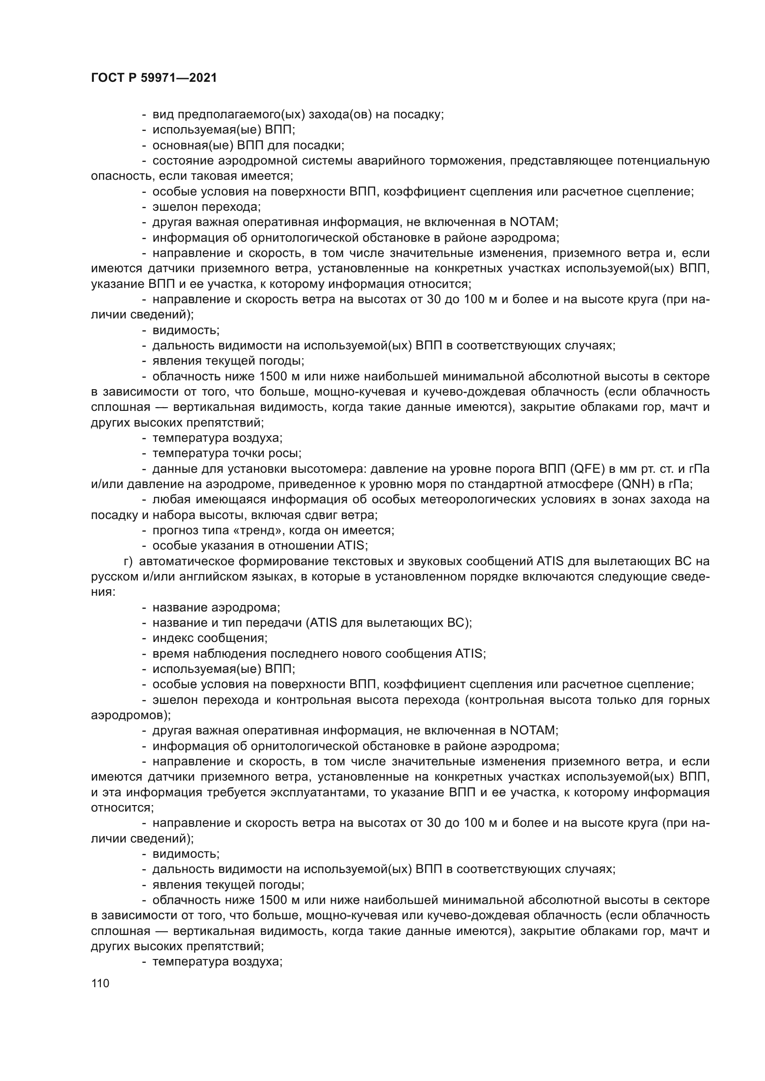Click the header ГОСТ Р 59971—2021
tap(154, 78)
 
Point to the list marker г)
tap(128, 561)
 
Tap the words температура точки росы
tap(226, 453)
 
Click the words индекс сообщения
tap(210, 638)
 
